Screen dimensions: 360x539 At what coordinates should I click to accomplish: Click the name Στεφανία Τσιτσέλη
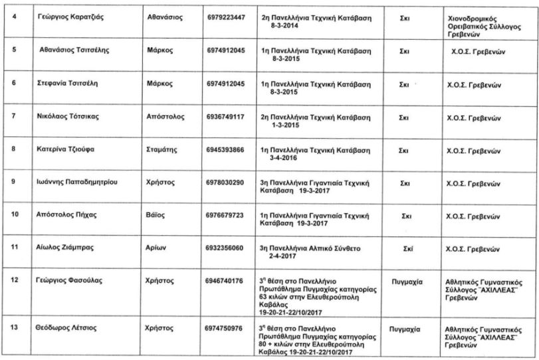pos(67,84)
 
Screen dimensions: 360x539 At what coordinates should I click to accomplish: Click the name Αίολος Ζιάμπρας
pos(64,247)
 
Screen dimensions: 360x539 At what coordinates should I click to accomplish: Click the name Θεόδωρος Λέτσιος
pos(67,327)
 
